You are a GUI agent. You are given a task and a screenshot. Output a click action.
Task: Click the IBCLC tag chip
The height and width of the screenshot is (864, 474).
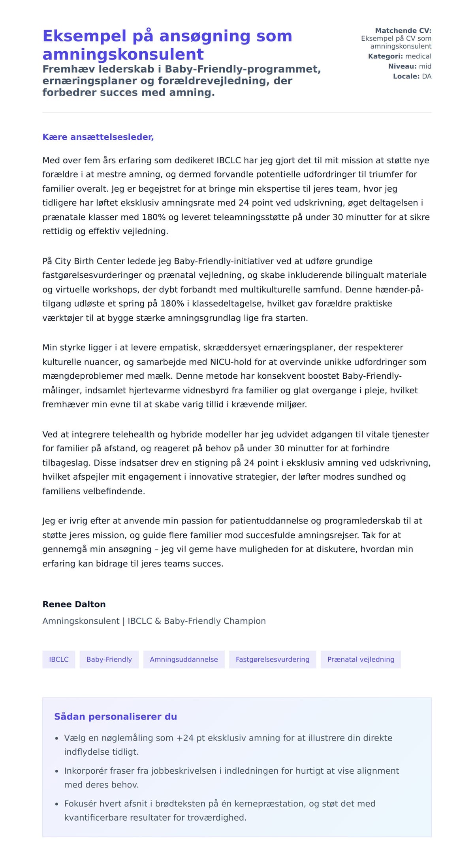coord(58,659)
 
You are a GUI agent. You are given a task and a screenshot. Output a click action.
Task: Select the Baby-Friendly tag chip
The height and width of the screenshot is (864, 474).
coord(109,659)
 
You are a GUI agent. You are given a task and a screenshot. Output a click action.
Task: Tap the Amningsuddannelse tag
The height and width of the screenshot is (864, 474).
coord(184,659)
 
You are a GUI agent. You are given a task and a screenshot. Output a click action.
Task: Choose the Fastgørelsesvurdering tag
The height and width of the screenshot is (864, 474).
coord(273,659)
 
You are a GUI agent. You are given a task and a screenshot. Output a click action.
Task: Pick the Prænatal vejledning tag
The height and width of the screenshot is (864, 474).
coord(361,659)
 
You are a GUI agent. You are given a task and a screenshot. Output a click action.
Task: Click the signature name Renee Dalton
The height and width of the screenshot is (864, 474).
coord(74,604)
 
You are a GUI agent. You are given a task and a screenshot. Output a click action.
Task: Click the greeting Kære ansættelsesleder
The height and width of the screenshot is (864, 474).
coord(98,137)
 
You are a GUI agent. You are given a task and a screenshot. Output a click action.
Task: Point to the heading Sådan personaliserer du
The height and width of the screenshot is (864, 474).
coord(115,716)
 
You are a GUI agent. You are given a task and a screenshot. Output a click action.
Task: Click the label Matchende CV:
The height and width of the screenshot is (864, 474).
coord(403,30)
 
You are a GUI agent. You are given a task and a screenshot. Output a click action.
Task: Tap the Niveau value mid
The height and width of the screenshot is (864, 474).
coord(425,66)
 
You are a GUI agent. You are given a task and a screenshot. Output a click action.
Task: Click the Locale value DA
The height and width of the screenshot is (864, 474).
coord(427,76)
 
